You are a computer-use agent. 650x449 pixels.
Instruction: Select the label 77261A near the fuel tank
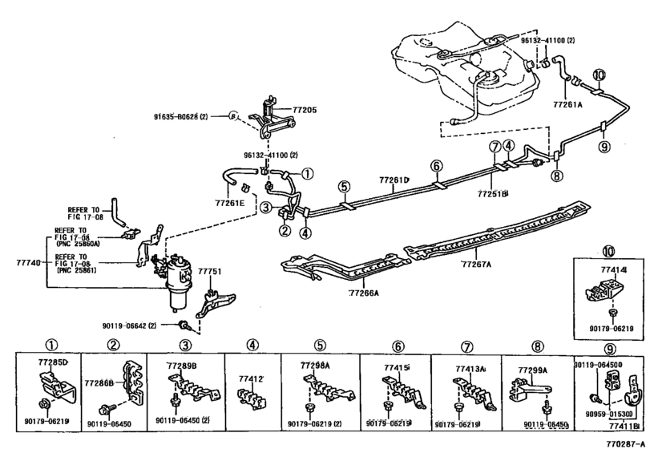(x=567, y=103)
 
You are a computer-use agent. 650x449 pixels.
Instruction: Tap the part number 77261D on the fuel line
(x=394, y=180)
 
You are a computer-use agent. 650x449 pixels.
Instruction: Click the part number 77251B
(x=494, y=193)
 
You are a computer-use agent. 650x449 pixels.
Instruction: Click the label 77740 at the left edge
(x=27, y=262)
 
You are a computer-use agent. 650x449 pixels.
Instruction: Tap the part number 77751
(x=209, y=273)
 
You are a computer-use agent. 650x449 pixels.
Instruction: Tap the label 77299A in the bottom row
(x=532, y=370)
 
